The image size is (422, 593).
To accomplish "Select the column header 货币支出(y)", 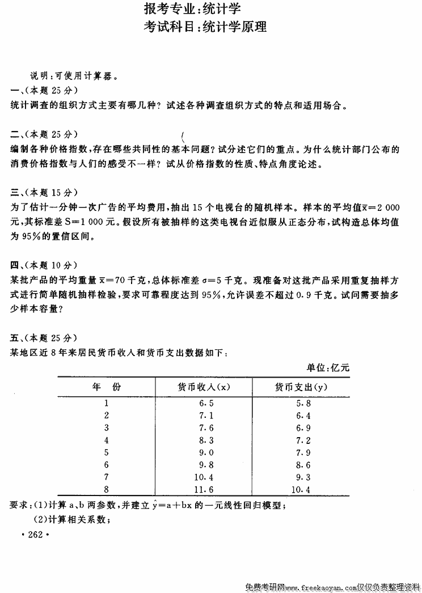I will pyautogui.click(x=301, y=387).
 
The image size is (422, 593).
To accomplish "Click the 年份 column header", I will pyautogui.click(x=106, y=387).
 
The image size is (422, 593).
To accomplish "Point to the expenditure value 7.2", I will pyautogui.click(x=303, y=440).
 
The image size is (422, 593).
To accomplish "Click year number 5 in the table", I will pyautogui.click(x=106, y=452).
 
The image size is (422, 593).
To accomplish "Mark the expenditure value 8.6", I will pyautogui.click(x=303, y=465).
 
